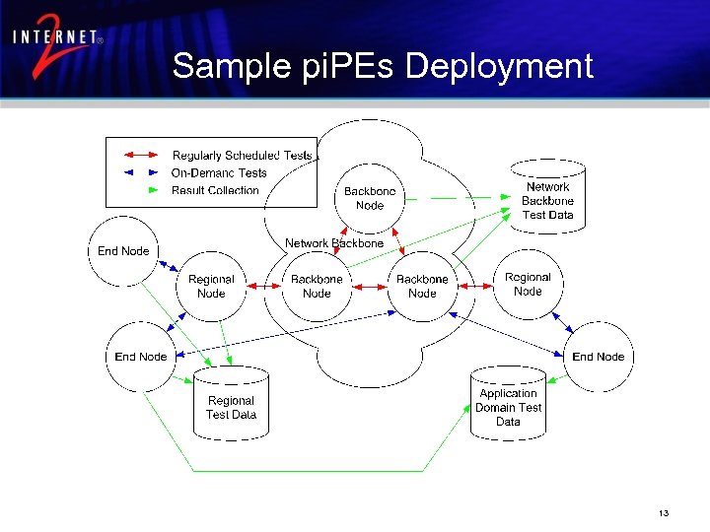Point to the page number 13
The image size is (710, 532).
664,514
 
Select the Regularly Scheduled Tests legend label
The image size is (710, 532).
242,155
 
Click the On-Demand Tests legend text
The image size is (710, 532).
219,173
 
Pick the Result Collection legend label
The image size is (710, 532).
215,190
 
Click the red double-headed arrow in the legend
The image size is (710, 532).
140,155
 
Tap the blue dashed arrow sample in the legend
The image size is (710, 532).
140,172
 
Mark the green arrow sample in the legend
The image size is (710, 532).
140,190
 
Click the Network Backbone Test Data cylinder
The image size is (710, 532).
547,197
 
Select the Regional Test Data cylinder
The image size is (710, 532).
231,405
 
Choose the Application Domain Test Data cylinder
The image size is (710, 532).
508,405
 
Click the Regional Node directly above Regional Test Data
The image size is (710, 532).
211,286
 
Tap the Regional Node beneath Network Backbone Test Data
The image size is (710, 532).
528,284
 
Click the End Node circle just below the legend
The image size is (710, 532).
123,251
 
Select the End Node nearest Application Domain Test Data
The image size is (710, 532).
598,357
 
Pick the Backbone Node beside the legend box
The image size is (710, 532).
370,198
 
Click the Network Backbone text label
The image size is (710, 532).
334,243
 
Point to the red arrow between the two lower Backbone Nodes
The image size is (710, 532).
369,287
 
